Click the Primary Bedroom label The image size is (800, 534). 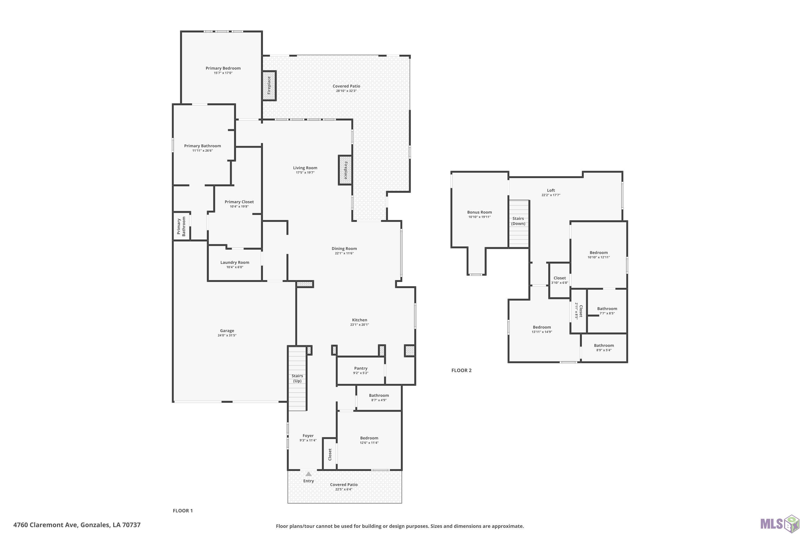tap(223, 68)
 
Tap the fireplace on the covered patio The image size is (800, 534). tap(269, 85)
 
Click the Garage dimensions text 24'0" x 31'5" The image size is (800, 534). tap(227, 335)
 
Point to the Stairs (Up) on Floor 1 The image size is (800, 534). tap(298, 378)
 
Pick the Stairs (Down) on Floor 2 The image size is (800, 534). tap(519, 223)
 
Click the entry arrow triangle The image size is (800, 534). tap(309, 474)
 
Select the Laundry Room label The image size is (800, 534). tap(235, 262)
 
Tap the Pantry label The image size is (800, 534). tap(361, 368)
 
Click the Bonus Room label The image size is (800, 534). tap(479, 212)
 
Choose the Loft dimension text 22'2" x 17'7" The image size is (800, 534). tap(551, 195)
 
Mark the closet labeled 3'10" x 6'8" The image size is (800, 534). tap(559, 280)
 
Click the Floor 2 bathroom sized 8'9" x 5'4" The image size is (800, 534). tap(604, 348)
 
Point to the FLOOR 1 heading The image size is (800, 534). tap(183, 511)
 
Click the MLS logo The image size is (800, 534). tap(779, 523)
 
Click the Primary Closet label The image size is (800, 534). tap(239, 202)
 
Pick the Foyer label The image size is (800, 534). tap(308, 435)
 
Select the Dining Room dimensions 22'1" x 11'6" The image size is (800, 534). tap(344, 253)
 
